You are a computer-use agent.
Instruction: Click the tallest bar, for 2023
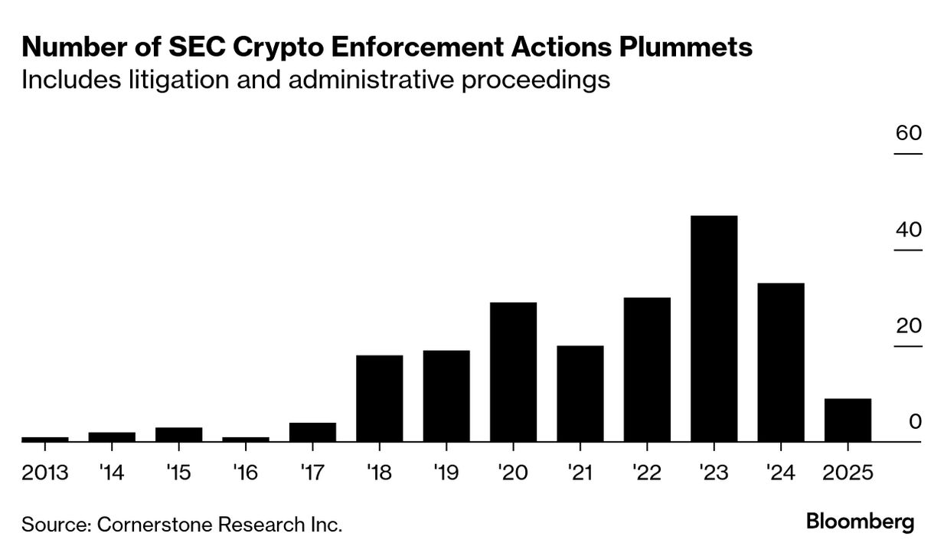(714, 329)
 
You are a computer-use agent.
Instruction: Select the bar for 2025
(848, 420)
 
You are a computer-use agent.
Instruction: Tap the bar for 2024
(780, 362)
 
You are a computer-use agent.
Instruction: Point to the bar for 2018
(380, 398)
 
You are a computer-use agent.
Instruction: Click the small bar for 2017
(312, 432)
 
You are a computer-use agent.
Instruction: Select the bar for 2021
(580, 394)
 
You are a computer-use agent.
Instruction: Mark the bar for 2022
(647, 369)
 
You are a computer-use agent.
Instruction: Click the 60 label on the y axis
(909, 133)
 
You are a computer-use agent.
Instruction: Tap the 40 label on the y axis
(909, 230)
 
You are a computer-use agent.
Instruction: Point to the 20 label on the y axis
(909, 326)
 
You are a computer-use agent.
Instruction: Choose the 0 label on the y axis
(915, 422)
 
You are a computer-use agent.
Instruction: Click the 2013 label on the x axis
(45, 473)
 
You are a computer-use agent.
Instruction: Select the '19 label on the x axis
(446, 473)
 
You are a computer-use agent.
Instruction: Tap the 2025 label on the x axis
(847, 473)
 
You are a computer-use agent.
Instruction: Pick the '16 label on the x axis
(246, 473)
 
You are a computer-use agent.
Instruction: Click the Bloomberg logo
(860, 522)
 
